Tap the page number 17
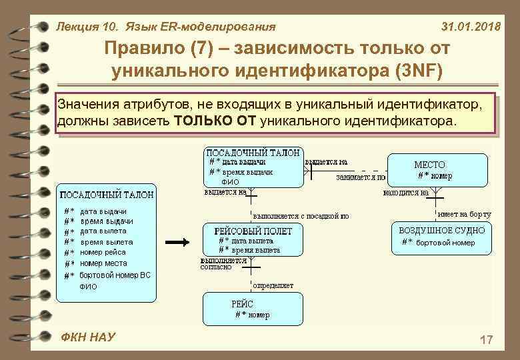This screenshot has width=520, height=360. [x=486, y=341]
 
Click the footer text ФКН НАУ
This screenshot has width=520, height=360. [x=87, y=337]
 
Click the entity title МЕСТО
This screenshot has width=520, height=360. [x=429, y=165]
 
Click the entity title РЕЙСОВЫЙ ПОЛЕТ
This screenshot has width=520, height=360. [x=253, y=230]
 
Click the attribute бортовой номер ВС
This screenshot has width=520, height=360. [x=115, y=275]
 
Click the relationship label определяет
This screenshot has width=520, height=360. [x=273, y=285]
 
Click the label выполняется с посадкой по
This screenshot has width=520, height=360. [x=301, y=216]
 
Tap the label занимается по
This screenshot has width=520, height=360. [x=361, y=178]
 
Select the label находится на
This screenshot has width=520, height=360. [x=405, y=192]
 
